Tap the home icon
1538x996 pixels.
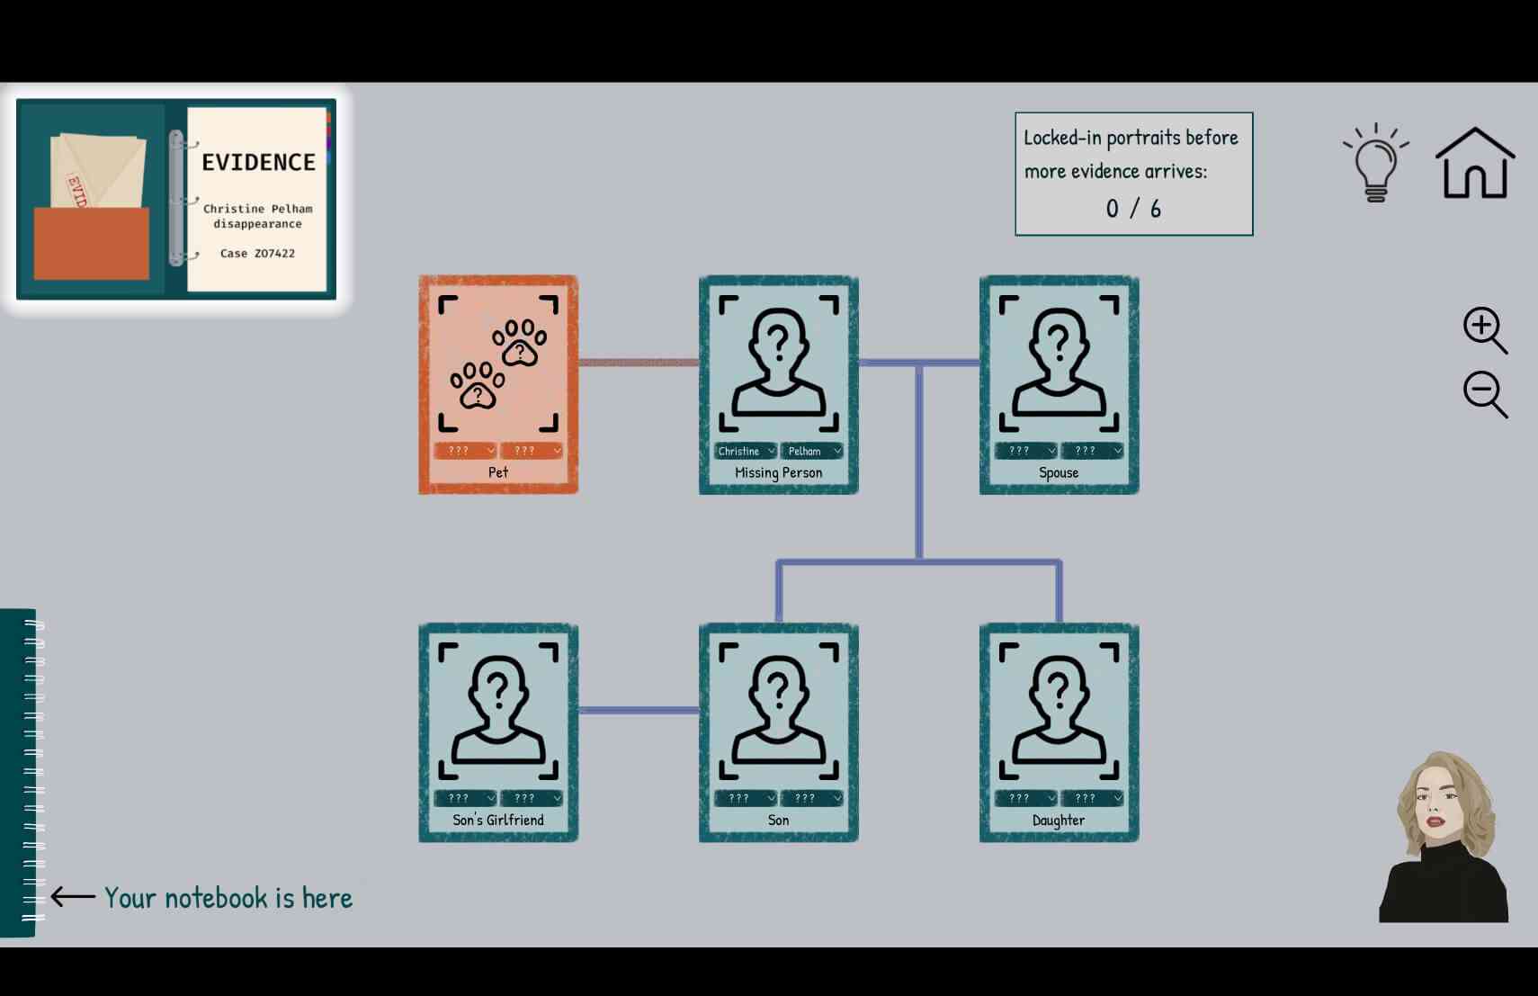pos(1475,163)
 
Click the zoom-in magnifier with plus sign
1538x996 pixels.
pos(1484,329)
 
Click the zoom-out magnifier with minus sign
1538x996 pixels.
pos(1484,394)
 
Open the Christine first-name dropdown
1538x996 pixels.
pos(745,451)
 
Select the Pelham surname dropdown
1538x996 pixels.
pos(811,451)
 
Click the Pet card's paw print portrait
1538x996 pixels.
pos(498,363)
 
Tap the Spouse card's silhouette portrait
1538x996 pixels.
pos(1059,363)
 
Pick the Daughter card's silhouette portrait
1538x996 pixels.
pos(1059,711)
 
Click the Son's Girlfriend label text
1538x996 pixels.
pos(498,820)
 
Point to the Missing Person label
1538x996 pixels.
pos(779,472)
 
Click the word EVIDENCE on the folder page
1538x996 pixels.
pos(259,162)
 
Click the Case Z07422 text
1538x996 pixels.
pos(257,254)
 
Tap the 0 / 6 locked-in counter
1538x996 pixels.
pos(1133,208)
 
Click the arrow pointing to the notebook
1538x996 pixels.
pos(73,896)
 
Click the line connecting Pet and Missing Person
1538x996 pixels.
pos(639,362)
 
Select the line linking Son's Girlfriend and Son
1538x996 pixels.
pos(639,710)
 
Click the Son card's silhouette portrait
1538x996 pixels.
pos(779,711)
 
